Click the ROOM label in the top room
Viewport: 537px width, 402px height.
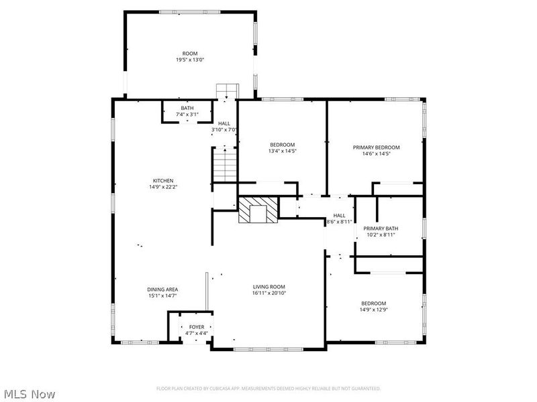[190, 54]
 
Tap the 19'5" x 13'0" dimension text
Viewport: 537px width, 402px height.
[190, 60]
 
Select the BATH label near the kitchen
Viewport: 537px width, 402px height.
[187, 109]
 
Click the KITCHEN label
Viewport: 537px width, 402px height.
[163, 181]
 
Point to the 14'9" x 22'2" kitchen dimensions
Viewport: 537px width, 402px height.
[163, 187]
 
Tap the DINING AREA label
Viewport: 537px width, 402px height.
[162, 289]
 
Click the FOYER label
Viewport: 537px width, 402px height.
[197, 327]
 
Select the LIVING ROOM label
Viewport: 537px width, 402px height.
[268, 287]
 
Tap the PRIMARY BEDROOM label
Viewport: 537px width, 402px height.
[377, 147]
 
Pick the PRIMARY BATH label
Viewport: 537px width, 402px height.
[381, 228]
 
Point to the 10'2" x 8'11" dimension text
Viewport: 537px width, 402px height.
[380, 234]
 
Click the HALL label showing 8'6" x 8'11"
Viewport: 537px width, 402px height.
[339, 215]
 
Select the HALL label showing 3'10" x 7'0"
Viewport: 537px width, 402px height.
[224, 123]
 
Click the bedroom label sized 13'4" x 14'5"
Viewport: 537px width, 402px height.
[283, 145]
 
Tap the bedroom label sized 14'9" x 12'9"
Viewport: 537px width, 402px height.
[373, 303]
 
